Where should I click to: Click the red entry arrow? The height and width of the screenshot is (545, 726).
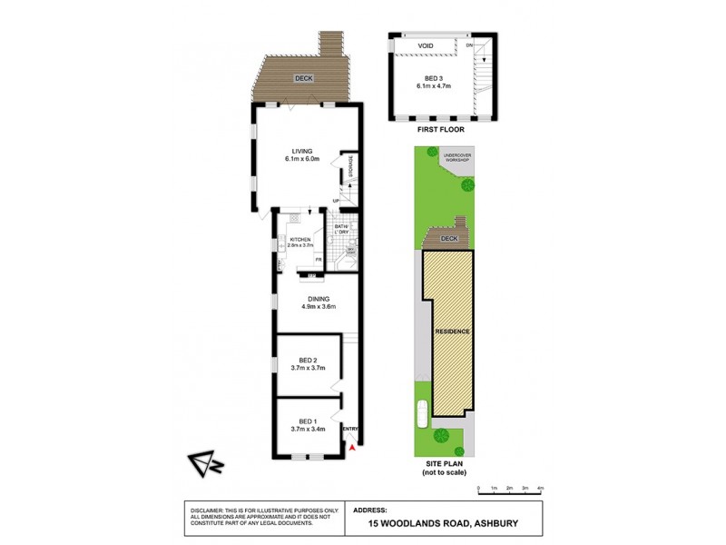click(x=353, y=446)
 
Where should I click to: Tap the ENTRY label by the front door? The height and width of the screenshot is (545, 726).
click(x=350, y=429)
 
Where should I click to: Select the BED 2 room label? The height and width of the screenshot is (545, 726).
click(x=308, y=362)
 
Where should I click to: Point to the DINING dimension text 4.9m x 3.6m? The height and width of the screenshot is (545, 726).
click(x=319, y=306)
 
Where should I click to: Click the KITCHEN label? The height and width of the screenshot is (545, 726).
click(x=299, y=239)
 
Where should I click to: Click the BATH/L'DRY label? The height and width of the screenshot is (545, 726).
click(x=342, y=229)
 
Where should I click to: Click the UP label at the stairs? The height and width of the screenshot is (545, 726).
click(x=336, y=201)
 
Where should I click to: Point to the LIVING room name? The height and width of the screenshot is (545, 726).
click(x=301, y=151)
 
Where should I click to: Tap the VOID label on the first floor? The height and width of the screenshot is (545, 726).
click(x=425, y=45)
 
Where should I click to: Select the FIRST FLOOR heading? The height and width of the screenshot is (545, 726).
click(x=440, y=130)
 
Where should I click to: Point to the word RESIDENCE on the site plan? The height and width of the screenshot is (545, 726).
click(x=452, y=332)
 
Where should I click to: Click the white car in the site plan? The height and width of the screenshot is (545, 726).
click(x=420, y=413)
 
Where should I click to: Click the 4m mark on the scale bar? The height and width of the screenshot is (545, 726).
click(x=540, y=490)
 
